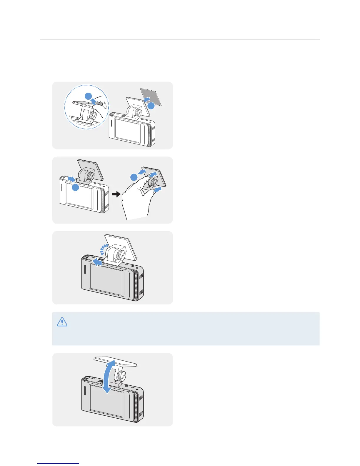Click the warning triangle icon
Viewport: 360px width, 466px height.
tap(62, 322)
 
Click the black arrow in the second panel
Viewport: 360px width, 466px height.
tap(116, 194)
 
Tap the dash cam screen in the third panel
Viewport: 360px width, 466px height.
tap(106, 279)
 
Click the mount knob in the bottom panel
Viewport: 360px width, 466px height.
tap(121, 376)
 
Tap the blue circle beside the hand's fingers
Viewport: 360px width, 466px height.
tap(134, 177)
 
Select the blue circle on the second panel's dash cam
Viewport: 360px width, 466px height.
tap(76, 188)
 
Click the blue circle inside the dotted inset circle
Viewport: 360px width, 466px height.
tap(88, 96)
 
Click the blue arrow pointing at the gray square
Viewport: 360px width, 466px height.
tap(146, 100)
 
